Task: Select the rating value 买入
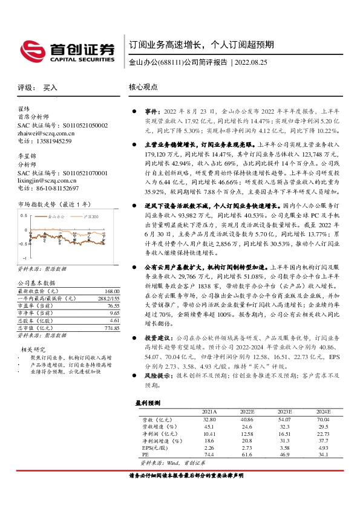click(50, 88)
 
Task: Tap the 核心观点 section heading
click(143, 87)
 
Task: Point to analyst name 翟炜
click(24, 109)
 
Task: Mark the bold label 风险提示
click(157, 375)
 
